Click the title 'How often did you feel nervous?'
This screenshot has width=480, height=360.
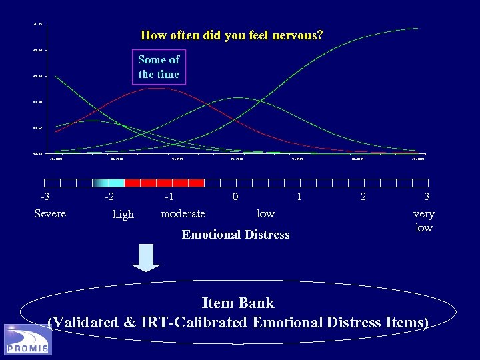click(x=231, y=35)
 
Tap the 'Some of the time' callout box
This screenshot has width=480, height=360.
click(x=159, y=67)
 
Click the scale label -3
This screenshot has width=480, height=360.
click(x=45, y=197)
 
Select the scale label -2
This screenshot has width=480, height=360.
click(x=109, y=197)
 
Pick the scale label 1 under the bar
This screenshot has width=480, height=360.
click(x=299, y=197)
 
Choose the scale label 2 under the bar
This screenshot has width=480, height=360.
click(x=363, y=197)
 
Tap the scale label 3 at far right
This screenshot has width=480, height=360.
click(x=427, y=197)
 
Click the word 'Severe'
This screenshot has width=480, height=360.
click(x=50, y=213)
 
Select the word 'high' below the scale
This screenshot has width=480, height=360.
click(x=123, y=215)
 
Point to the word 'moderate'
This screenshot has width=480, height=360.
click(x=183, y=213)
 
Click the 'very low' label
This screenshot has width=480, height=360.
click(x=423, y=221)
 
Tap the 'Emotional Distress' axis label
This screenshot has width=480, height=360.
click(x=236, y=234)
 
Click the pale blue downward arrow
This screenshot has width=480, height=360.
click(x=146, y=257)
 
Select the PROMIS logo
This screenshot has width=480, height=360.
click(x=27, y=340)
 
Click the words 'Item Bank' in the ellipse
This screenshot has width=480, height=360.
click(x=237, y=303)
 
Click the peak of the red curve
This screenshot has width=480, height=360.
click(x=155, y=88)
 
